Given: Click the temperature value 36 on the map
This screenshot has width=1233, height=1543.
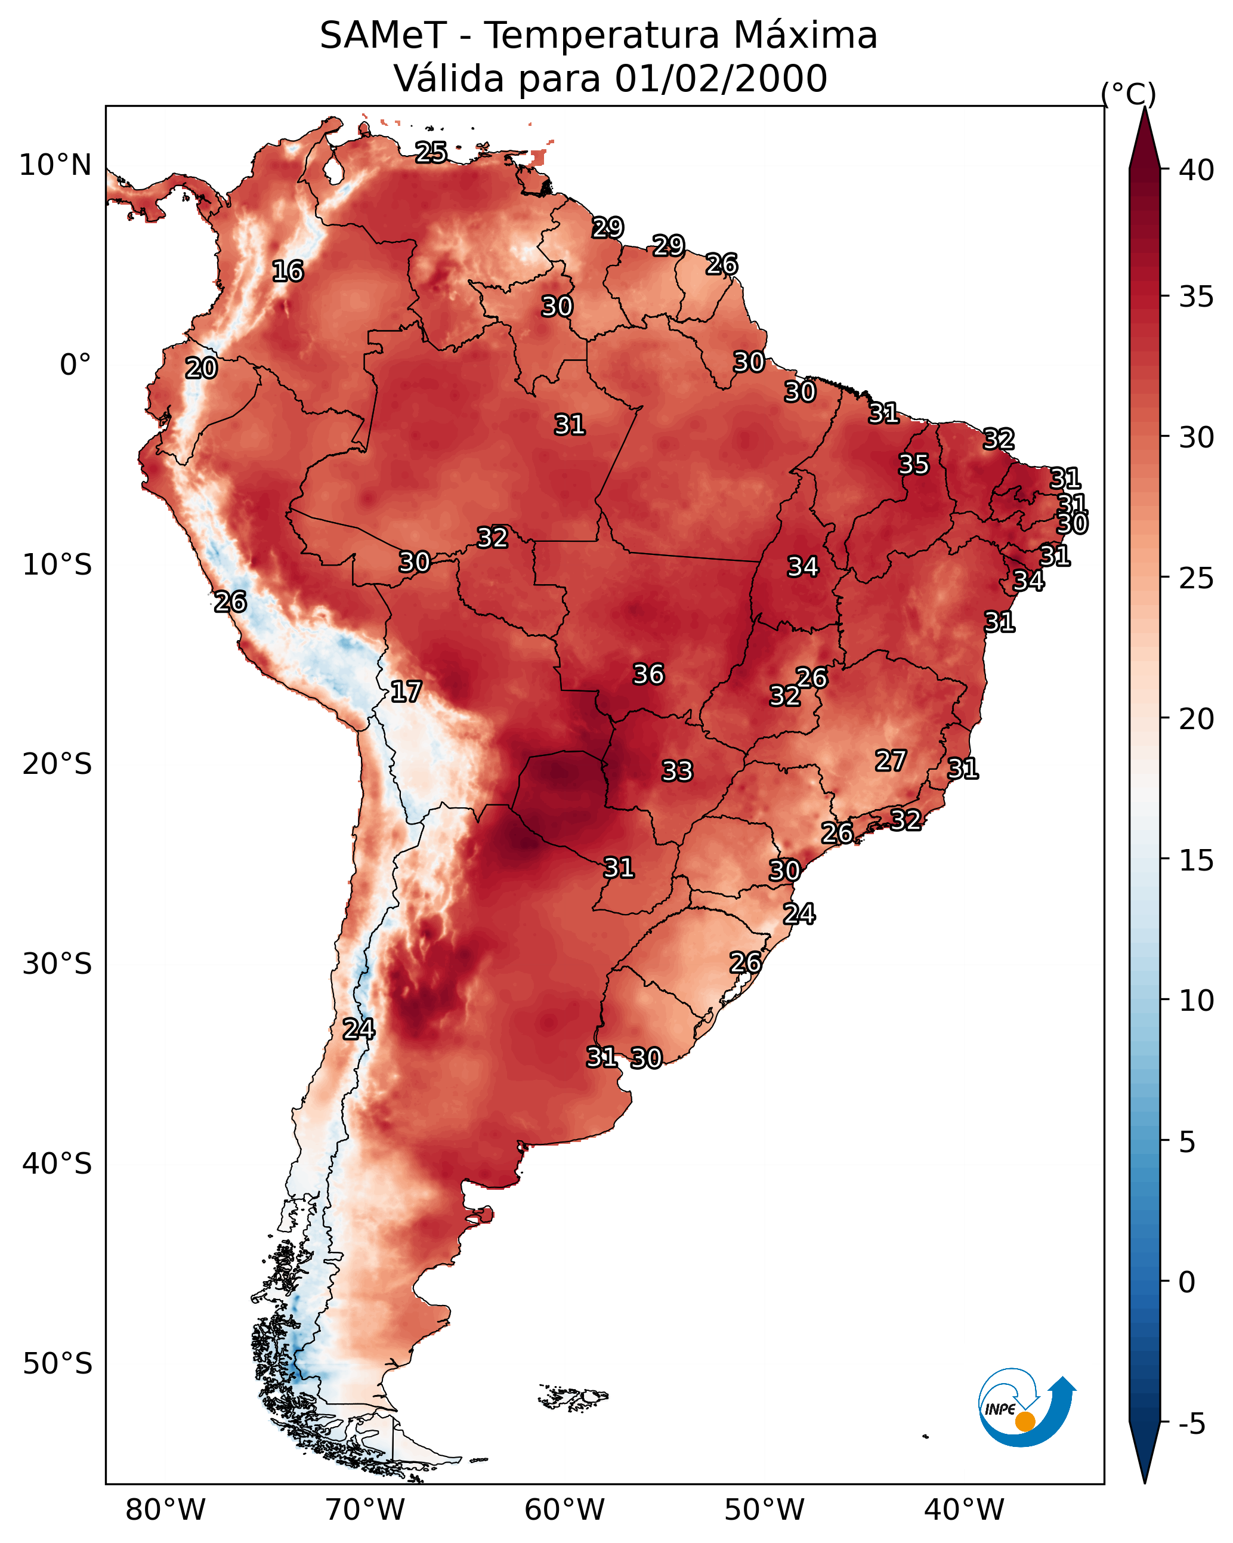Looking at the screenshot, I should (648, 674).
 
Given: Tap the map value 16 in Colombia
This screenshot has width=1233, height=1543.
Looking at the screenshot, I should (288, 271).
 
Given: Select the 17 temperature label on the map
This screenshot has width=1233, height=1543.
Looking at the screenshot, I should (406, 692).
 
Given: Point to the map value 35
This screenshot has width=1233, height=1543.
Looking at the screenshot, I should (914, 464).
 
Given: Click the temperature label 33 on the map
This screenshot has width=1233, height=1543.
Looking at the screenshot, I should (677, 771).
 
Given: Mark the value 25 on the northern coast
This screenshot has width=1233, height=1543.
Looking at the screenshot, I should (431, 152).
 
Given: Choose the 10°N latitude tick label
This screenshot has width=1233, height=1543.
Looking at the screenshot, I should (55, 165).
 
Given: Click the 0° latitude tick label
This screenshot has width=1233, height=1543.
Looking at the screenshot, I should (75, 365).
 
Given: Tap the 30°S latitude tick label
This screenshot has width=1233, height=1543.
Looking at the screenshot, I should (57, 964).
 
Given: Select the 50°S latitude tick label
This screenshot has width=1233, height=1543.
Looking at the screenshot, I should (57, 1364).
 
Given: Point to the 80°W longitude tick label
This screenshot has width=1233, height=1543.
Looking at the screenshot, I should (165, 1510).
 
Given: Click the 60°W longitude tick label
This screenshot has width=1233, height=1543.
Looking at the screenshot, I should (565, 1510).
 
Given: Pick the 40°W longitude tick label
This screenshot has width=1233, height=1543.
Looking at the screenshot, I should (964, 1510).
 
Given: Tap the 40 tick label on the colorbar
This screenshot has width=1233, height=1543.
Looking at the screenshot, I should (1197, 170).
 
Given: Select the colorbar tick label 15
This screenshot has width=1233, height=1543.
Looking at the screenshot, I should (1197, 860).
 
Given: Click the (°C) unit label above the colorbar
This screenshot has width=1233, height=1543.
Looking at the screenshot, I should (1129, 94).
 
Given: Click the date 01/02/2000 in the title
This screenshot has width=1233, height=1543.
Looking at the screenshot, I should (721, 79).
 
